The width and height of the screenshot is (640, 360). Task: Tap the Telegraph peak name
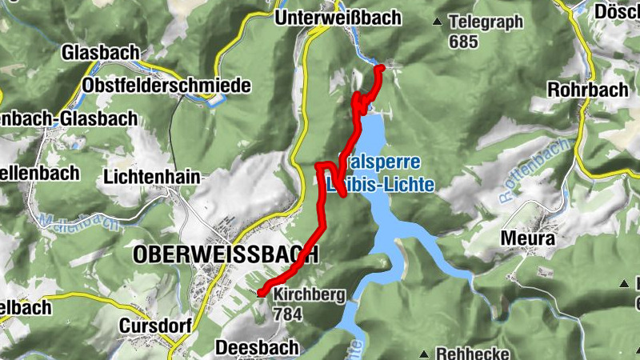coord(486,22)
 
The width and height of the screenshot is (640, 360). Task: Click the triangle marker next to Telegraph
coord(437,22)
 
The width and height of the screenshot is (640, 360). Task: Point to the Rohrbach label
coord(588,90)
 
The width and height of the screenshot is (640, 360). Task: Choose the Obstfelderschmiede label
coord(166,85)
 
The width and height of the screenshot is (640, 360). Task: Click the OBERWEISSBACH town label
coord(226,254)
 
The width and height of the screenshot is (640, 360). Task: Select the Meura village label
coord(527,238)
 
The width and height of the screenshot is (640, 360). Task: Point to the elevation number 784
coord(288,314)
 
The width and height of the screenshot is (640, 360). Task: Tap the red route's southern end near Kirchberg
coord(261,294)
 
